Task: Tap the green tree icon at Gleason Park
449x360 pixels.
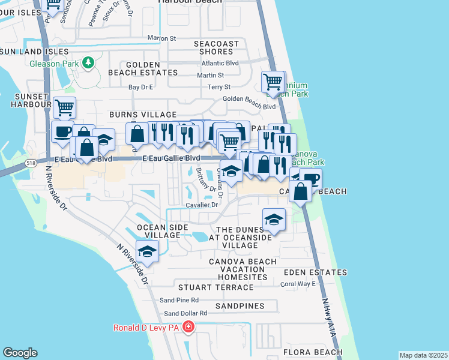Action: [88, 62]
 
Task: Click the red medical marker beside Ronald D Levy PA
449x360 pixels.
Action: [188, 327]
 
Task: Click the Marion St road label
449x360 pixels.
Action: [162, 38]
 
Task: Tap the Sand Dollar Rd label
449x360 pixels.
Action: [185, 313]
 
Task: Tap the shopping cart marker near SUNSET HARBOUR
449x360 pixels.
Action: [64, 108]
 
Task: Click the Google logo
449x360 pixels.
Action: [20, 353]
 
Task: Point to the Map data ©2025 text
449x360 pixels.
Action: [423, 355]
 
